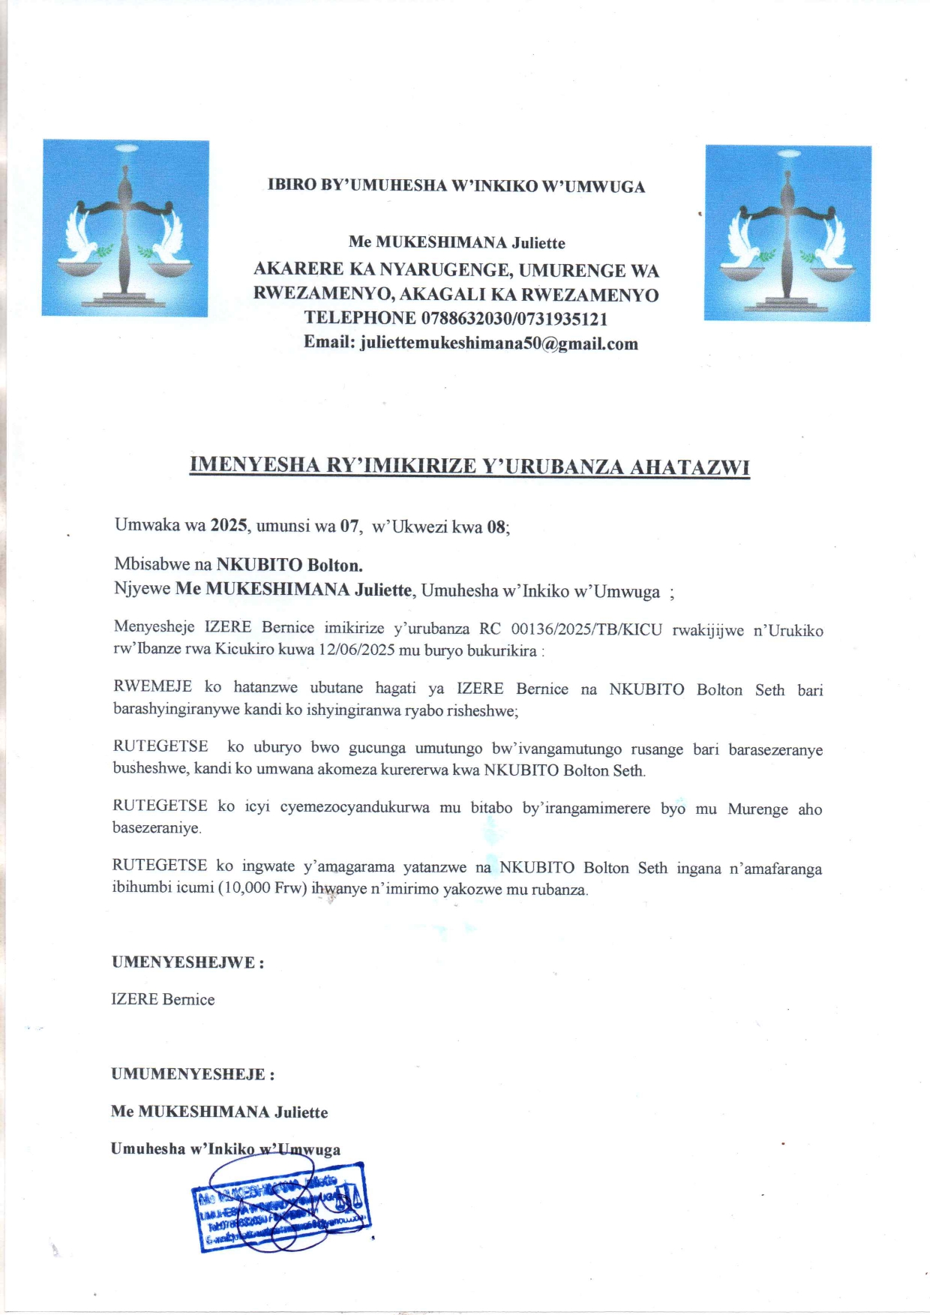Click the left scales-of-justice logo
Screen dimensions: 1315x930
coord(125,227)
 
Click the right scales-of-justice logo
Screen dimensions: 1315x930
coord(787,233)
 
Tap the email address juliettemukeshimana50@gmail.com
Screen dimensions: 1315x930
coord(499,344)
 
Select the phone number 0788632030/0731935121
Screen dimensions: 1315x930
coord(514,318)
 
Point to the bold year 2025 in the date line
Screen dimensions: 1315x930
coord(229,525)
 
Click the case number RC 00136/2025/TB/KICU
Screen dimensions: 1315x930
coord(571,629)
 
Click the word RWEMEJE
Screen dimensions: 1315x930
coord(152,687)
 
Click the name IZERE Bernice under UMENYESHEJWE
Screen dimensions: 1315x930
coord(163,999)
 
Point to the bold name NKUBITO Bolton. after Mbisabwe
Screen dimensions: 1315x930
coord(289,564)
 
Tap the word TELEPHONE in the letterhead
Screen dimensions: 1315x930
coord(360,318)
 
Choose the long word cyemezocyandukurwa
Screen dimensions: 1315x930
coord(355,807)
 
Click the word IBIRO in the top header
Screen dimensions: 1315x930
coord(292,185)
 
